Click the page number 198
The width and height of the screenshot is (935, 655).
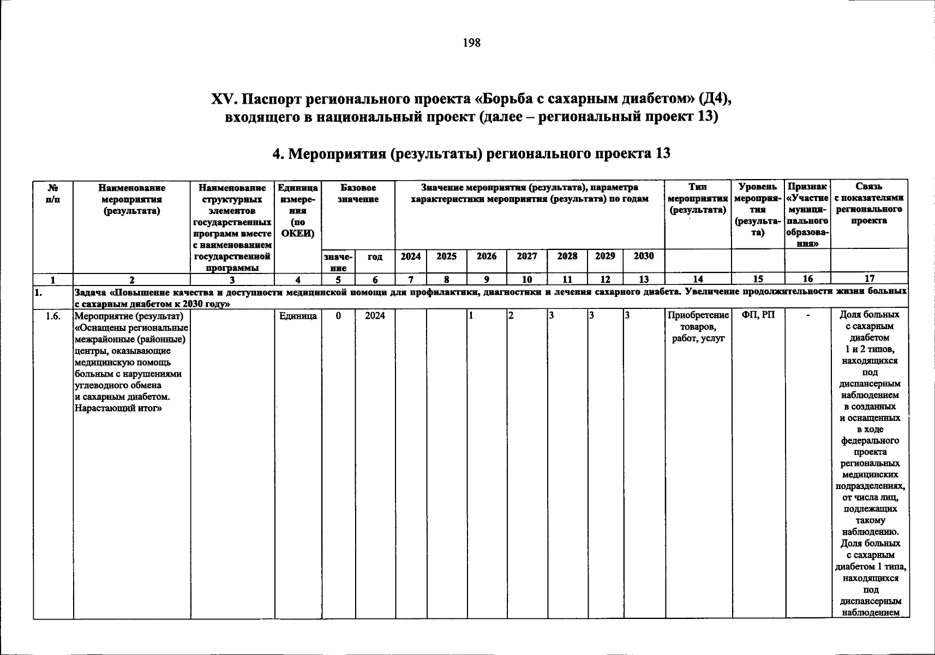coord(471,43)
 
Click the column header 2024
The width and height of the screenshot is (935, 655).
coord(411,256)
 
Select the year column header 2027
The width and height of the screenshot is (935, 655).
coord(526,256)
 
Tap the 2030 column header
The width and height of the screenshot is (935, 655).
coord(644,256)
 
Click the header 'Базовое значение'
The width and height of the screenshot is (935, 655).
coord(358,193)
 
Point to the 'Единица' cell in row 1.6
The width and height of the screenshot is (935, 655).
coord(298,315)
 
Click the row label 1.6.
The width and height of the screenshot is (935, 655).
coord(53,315)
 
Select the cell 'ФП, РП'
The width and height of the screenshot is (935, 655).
coord(758,315)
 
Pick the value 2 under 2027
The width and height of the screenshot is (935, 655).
coord(511,315)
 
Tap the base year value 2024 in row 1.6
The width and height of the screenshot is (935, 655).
coord(375,315)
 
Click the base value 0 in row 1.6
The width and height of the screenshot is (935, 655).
coord(338,315)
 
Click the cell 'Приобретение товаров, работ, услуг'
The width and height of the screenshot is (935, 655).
coord(698,326)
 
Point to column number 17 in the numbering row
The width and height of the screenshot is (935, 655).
coord(869,279)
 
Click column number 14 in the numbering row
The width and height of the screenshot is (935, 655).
coord(698,279)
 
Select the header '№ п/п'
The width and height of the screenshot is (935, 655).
coord(53,193)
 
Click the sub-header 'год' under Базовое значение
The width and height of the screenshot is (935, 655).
coord(375,257)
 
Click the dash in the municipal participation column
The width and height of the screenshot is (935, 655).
coord(808,315)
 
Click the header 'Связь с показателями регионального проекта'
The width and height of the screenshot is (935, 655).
coord(869,204)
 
